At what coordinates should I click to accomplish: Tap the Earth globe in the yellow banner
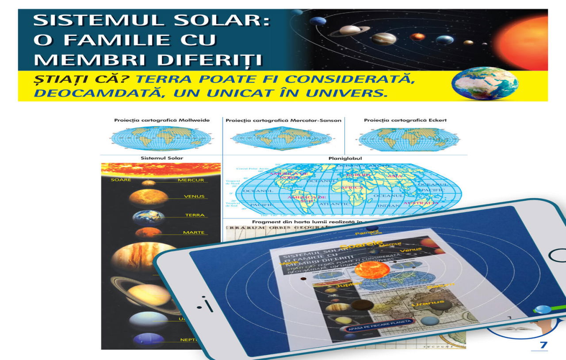click(485, 84)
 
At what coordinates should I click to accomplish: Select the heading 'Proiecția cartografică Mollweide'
click(162, 120)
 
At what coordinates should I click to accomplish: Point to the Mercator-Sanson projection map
click(282, 138)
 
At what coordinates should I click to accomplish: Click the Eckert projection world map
click(405, 138)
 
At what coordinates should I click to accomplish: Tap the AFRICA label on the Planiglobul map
click(352, 188)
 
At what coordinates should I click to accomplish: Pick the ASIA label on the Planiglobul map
click(395, 176)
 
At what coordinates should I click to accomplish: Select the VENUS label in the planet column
click(194, 196)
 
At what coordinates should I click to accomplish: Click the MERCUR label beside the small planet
click(191, 180)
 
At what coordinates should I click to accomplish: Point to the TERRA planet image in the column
click(149, 218)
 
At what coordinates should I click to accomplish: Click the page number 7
click(543, 345)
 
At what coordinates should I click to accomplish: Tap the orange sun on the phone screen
click(372, 270)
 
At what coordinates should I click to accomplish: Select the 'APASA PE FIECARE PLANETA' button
click(380, 325)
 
